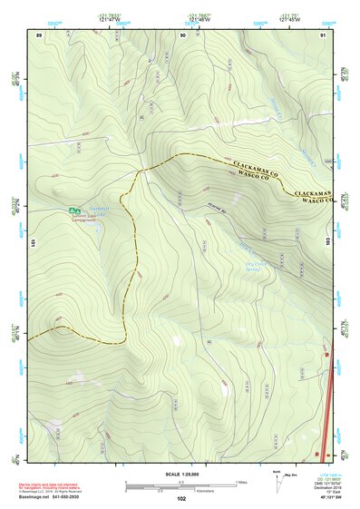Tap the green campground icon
pos(73,210)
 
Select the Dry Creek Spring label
pos(259,268)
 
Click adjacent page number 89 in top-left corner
pos(39,34)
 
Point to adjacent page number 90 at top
pos(184,34)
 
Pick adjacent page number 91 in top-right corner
pos(323,34)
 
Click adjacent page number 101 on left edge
pos(32,243)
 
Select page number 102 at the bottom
pos(181,498)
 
